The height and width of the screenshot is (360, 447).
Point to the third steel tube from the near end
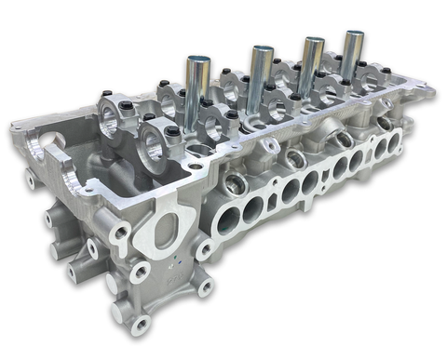coord(312,66)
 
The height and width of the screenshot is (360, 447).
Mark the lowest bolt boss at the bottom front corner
coord(141,325)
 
